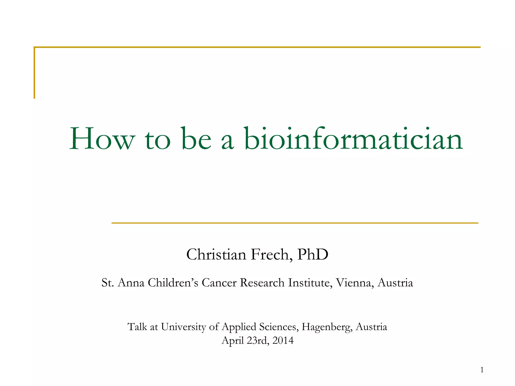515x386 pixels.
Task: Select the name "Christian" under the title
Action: pyautogui.click(x=216, y=255)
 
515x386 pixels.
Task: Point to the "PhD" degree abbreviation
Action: pyautogui.click(x=313, y=255)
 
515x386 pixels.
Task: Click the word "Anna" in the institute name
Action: pyautogui.click(x=131, y=283)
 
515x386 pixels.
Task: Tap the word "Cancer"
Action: pyautogui.click(x=219, y=283)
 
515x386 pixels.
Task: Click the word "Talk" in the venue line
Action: pyautogui.click(x=137, y=327)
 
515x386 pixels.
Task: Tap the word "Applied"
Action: pyautogui.click(x=239, y=327)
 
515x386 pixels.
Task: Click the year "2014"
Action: pyautogui.click(x=283, y=341)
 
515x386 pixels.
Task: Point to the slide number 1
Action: pyautogui.click(x=482, y=370)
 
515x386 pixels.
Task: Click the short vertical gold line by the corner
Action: pyautogui.click(x=34, y=73)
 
